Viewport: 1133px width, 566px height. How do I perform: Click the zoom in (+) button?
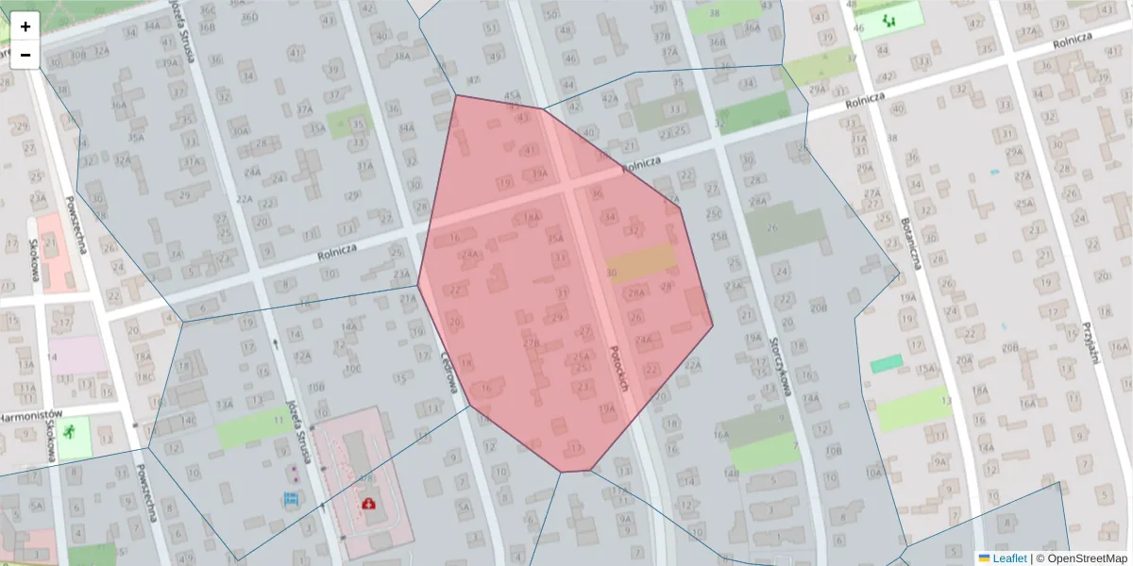[x=25, y=25]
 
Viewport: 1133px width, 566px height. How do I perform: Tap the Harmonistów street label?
[x=28, y=415]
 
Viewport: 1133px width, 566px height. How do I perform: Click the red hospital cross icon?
[x=366, y=504]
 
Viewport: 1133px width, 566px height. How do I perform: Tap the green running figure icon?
[x=70, y=431]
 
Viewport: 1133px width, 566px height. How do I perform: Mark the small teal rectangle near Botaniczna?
[x=887, y=363]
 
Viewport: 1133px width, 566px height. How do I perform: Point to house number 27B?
[x=531, y=343]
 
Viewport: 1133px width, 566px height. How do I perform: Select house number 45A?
[x=513, y=95]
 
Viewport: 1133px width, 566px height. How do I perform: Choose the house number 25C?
[x=714, y=215]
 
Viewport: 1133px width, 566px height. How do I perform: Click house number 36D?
[x=249, y=17]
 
